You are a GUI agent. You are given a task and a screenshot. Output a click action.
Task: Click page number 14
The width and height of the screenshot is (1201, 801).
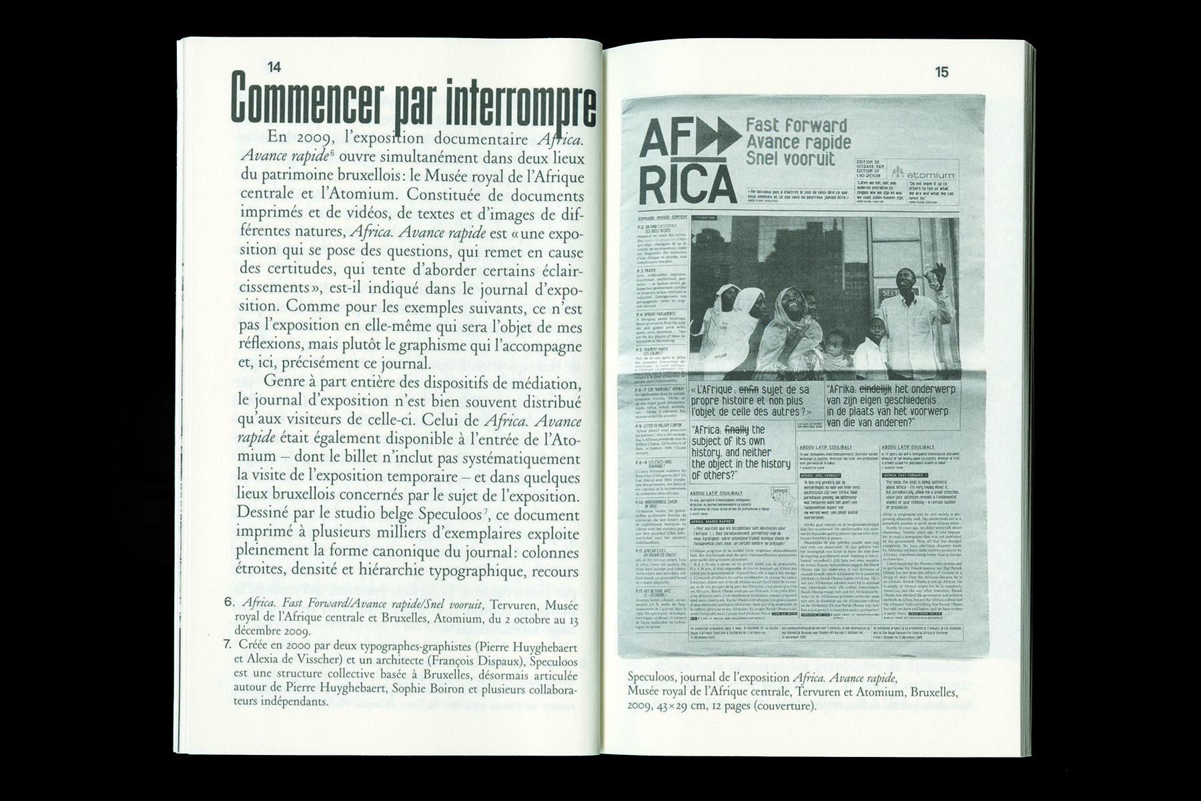coord(274,67)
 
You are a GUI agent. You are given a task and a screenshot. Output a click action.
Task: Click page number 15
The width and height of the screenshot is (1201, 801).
coord(941,72)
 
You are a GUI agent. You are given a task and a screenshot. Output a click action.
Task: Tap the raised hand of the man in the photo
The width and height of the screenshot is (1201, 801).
coord(939,272)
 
